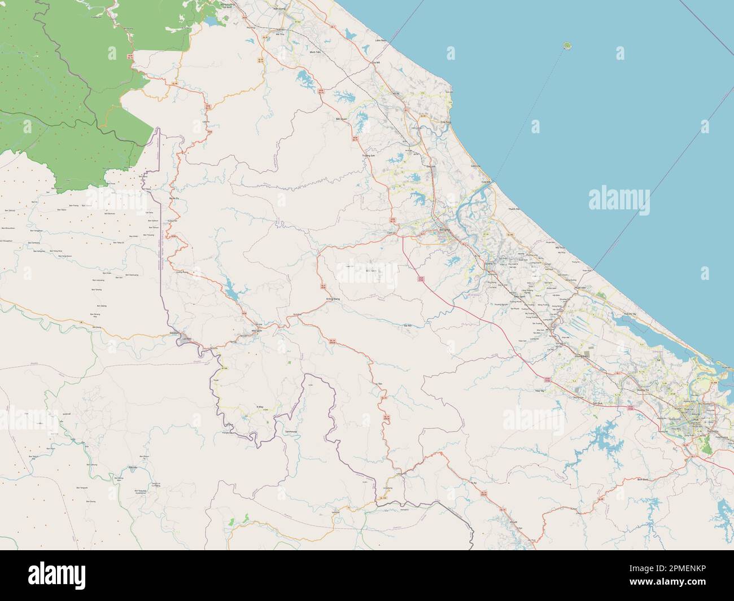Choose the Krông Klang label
click(x=333, y=299)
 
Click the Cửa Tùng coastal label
click(x=447, y=122)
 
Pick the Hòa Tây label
click(x=539, y=391)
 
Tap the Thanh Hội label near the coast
click(x=513, y=209)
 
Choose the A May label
click(x=260, y=406)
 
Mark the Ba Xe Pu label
click(x=174, y=199)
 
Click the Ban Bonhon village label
click(x=110, y=214)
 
